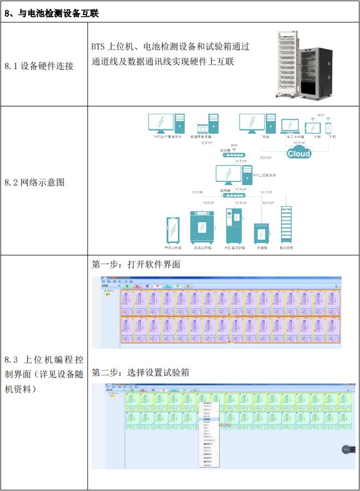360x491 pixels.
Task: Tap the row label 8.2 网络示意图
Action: point(35,182)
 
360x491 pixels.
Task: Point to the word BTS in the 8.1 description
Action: point(99,47)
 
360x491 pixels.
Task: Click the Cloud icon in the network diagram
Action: point(298,153)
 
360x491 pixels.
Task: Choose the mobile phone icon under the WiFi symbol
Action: point(328,127)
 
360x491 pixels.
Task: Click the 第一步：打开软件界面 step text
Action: point(136,264)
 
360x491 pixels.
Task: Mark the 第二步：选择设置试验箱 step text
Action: point(140,372)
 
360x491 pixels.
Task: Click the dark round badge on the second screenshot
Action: point(346,450)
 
